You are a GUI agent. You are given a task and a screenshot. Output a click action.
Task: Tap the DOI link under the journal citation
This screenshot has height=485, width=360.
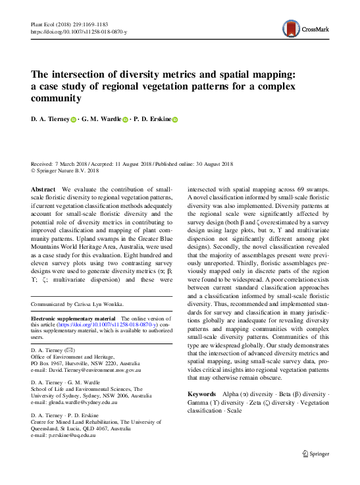click(x=80, y=31)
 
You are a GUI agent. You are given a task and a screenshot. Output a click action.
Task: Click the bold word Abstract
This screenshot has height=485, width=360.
click(x=43, y=188)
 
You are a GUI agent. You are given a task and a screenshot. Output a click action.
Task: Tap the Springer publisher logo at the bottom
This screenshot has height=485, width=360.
click(x=315, y=453)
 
